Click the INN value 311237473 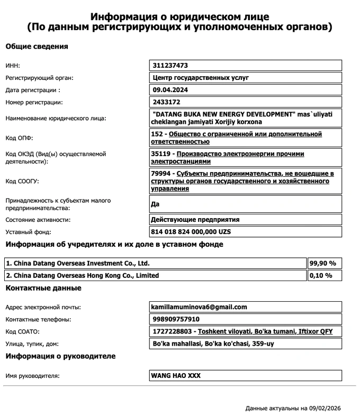click(x=170, y=66)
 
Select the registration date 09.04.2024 click(x=170, y=90)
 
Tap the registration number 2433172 click(x=166, y=102)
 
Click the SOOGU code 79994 click(x=162, y=174)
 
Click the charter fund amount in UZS click(x=191, y=232)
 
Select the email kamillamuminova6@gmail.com click(x=200, y=307)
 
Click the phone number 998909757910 click(x=176, y=319)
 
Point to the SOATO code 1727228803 click(x=173, y=331)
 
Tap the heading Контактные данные click(x=43, y=288)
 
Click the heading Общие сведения click(x=37, y=47)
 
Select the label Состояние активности click(x=38, y=220)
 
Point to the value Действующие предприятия click(x=195, y=220)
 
